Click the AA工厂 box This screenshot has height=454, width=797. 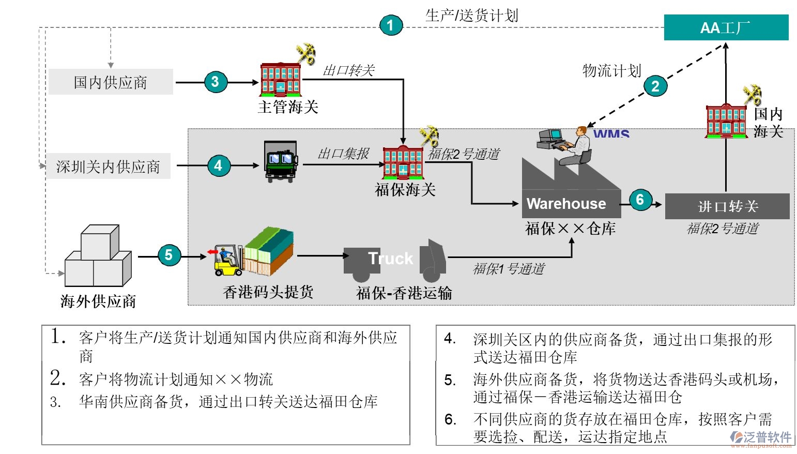726,27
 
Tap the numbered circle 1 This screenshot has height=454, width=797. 391,25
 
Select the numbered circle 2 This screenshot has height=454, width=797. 655,86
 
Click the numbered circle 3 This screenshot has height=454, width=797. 215,82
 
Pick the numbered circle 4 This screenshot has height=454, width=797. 218,165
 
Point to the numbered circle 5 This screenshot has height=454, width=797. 168,255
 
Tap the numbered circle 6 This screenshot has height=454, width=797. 640,200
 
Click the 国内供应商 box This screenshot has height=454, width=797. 111,82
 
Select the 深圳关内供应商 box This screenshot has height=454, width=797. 108,167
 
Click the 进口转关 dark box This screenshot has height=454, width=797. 727,206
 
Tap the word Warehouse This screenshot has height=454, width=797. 566,204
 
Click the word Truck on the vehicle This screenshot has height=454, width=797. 391,258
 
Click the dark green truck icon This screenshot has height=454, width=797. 281,161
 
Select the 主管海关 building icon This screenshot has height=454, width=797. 280,80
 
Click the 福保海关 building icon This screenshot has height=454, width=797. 403,162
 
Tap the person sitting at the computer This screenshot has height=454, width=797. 578,146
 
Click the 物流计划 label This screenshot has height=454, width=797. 611,71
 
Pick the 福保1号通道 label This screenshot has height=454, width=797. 509,269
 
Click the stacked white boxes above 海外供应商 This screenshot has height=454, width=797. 98,257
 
